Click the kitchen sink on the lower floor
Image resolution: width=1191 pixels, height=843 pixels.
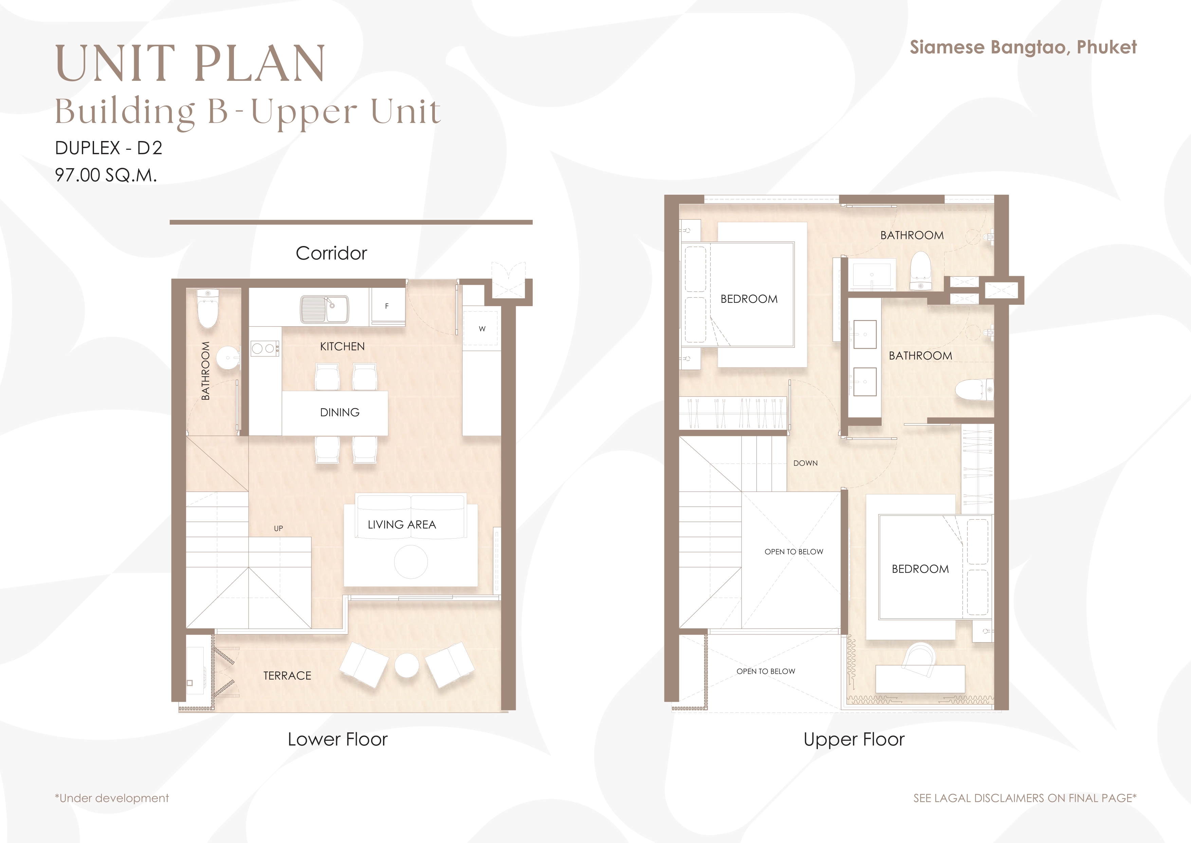click(325, 310)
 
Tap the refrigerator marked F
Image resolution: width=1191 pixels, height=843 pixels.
click(387, 306)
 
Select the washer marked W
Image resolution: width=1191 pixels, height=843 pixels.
click(482, 329)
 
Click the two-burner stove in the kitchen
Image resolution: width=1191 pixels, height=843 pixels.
click(265, 348)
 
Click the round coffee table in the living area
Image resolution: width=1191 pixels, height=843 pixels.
click(411, 562)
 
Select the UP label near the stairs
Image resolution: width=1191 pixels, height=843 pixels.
click(278, 528)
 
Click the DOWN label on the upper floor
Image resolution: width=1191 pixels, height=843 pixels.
click(806, 463)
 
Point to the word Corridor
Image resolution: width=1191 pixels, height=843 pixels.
click(331, 253)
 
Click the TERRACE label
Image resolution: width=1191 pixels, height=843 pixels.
click(287, 676)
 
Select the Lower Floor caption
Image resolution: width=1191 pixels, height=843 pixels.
click(338, 739)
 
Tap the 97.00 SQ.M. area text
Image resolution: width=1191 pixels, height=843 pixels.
click(106, 175)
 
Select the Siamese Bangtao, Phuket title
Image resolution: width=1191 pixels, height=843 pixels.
click(1023, 47)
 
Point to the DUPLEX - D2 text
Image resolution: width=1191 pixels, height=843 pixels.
click(108, 148)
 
